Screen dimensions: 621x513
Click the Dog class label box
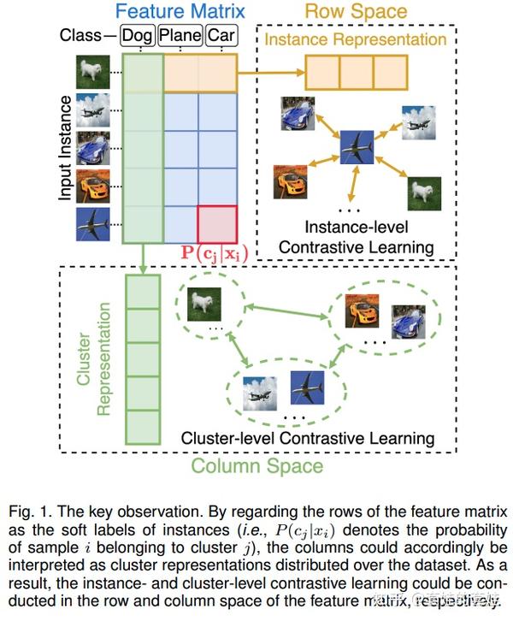(139, 36)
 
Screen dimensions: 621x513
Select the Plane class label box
(182, 36)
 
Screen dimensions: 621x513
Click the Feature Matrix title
(180, 12)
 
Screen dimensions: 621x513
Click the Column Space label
(256, 466)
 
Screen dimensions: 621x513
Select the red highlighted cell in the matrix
(217, 224)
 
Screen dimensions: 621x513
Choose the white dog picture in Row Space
(424, 193)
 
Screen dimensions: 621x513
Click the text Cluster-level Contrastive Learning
(308, 438)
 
